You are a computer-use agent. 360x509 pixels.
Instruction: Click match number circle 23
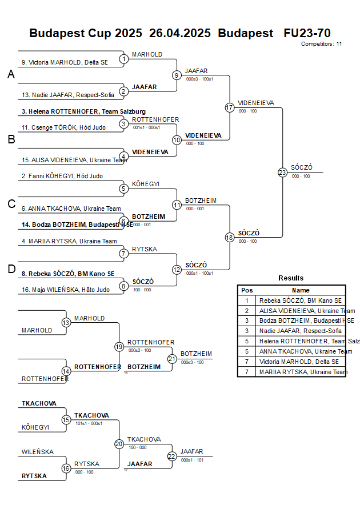pos(282,172)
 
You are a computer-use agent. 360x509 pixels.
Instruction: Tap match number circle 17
pos(230,107)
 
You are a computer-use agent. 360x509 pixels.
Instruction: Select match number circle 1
pos(124,59)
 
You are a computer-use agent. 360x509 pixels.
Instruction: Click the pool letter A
pos(11,75)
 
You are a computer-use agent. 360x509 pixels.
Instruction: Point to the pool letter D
pos(11,269)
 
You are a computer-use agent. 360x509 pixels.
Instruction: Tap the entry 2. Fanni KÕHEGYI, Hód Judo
pos(62,176)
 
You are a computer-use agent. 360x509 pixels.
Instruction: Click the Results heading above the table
pos(291,278)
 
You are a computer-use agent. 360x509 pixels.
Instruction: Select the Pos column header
pos(247,290)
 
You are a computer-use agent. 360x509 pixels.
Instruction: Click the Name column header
pos(301,290)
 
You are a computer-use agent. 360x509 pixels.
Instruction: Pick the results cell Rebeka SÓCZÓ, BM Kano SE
pos(301,300)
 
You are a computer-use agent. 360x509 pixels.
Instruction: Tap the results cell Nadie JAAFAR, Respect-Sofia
pos(301,331)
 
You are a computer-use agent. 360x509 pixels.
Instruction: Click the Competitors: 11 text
pos(321,43)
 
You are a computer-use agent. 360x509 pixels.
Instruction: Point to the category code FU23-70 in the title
pos(307,33)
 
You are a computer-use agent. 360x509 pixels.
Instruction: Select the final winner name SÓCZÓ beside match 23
pos(301,167)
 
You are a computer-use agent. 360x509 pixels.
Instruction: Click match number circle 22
pos(172,456)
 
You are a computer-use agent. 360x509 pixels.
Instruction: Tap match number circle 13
pos(66,323)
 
